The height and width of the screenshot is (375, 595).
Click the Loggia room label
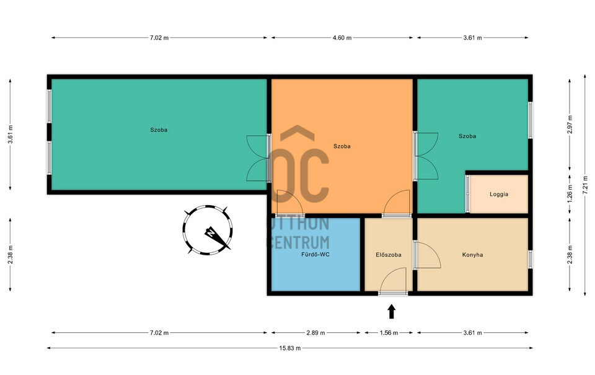[498, 195]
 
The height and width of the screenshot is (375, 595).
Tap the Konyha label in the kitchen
[472, 255]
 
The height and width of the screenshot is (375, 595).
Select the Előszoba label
[389, 255]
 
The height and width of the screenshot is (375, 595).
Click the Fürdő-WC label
[315, 254]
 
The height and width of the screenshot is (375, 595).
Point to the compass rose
[208, 230]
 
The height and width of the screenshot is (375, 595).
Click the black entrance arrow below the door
[392, 312]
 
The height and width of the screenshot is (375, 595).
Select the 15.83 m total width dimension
[290, 348]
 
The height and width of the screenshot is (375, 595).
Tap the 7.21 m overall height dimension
[584, 185]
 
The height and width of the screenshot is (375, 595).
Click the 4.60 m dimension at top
[342, 38]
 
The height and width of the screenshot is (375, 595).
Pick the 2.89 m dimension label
[315, 333]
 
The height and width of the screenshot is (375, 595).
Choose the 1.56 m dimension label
[389, 333]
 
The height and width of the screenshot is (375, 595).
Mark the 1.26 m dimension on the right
[570, 193]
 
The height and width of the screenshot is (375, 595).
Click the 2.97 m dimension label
[570, 124]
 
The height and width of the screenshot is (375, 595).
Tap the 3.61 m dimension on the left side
[11, 134]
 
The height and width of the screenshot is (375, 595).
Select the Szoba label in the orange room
[342, 146]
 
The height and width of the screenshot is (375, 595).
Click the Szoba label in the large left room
[159, 130]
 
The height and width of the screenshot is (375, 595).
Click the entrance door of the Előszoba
[393, 293]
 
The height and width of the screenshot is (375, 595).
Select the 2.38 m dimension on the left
[11, 255]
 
